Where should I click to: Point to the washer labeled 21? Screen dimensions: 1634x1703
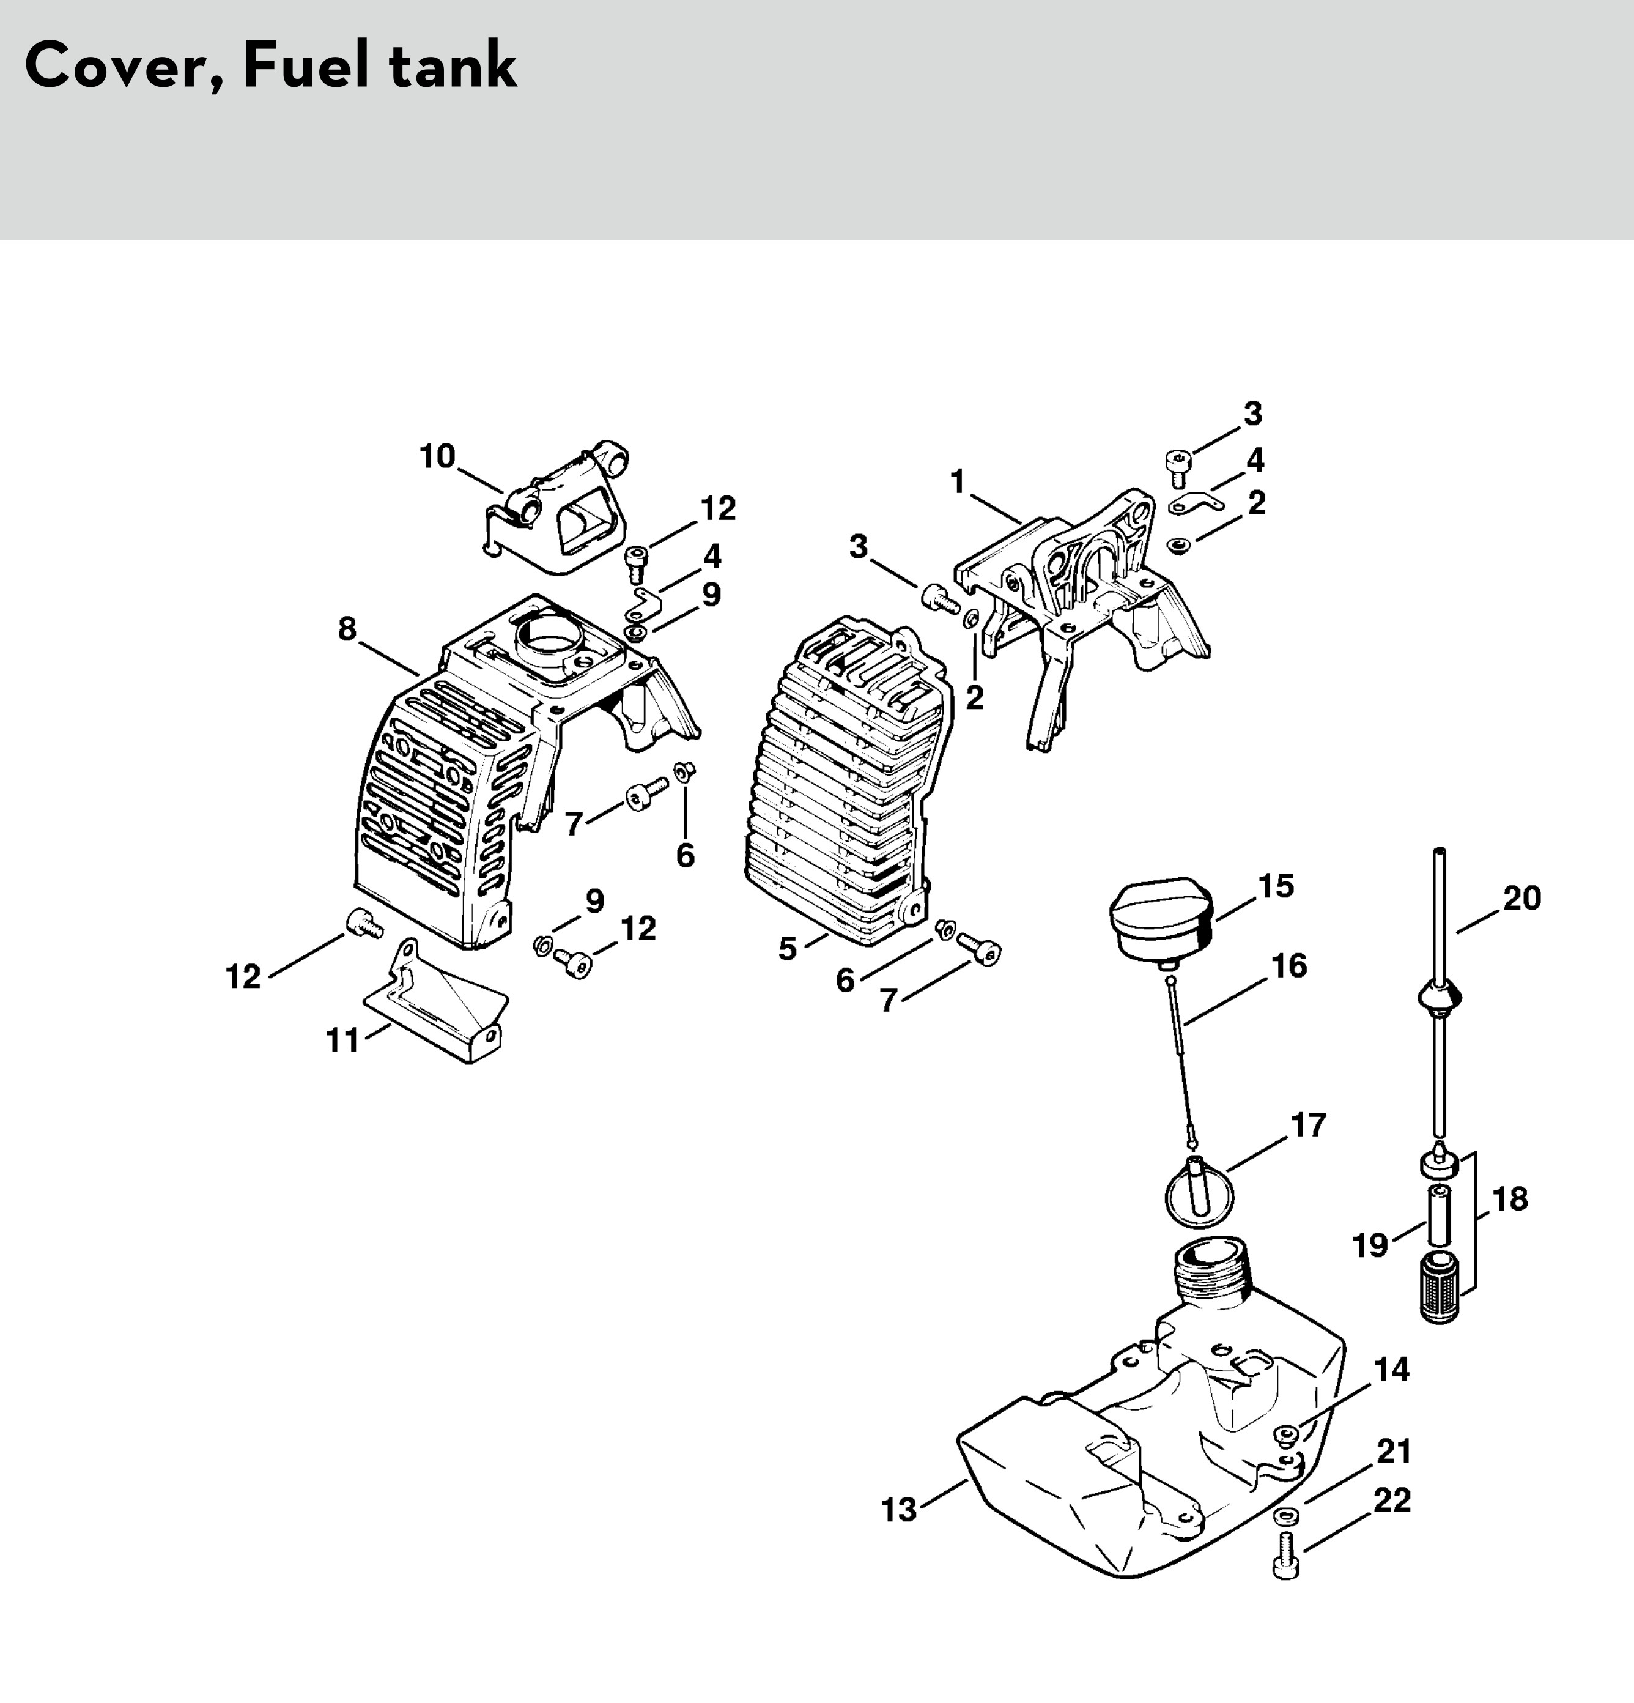[1285, 1517]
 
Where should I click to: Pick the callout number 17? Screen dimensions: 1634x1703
[1308, 1124]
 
